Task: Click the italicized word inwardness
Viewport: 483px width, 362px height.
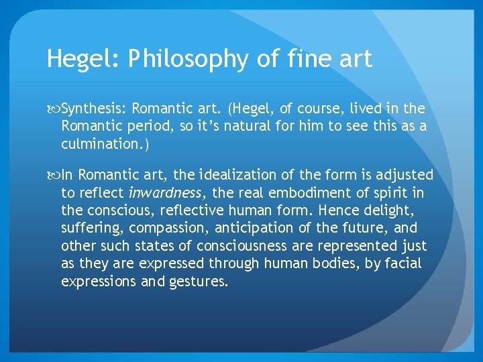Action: [164, 193]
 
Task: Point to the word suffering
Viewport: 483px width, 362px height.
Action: [85, 228]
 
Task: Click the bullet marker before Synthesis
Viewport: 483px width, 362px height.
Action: [54, 109]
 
